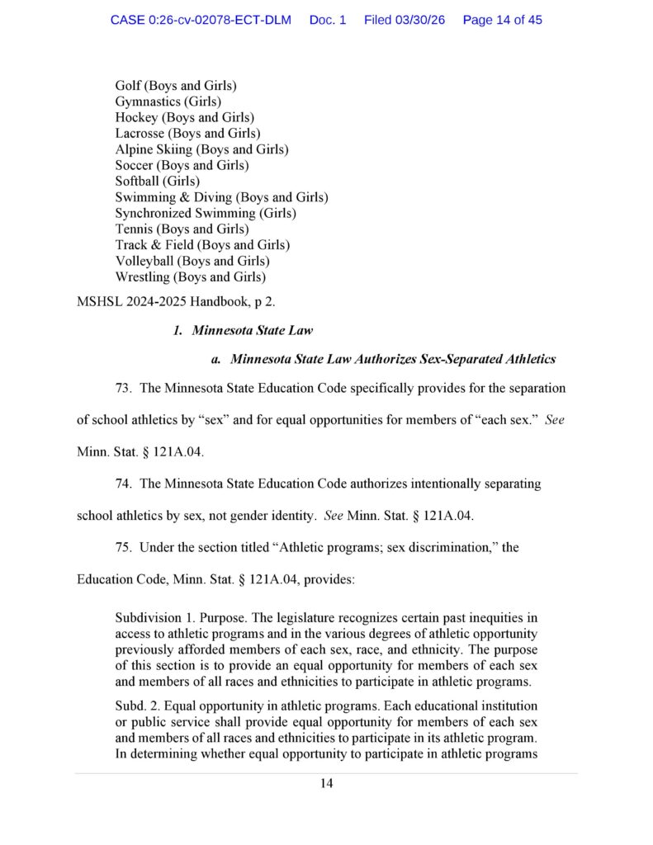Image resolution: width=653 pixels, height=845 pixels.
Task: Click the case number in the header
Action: (201, 20)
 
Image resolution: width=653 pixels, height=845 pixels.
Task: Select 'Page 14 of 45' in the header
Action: (502, 20)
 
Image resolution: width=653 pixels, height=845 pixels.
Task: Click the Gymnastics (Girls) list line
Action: (168, 101)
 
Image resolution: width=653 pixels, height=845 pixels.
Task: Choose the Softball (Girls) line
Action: (157, 181)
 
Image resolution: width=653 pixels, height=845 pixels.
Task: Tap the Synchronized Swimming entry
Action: (206, 213)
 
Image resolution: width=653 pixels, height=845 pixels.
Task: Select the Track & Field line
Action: (202, 244)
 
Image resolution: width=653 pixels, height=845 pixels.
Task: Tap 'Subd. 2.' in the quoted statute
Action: (140, 707)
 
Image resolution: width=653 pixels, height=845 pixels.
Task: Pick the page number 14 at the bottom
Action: (326, 784)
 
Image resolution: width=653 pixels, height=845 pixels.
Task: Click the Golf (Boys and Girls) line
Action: (176, 86)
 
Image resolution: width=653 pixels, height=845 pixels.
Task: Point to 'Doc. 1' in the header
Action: (328, 20)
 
